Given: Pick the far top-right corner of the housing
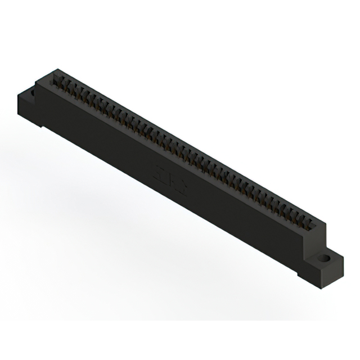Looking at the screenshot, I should pyautogui.click(x=325, y=221).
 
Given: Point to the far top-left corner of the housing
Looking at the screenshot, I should pyautogui.click(x=55, y=70).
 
